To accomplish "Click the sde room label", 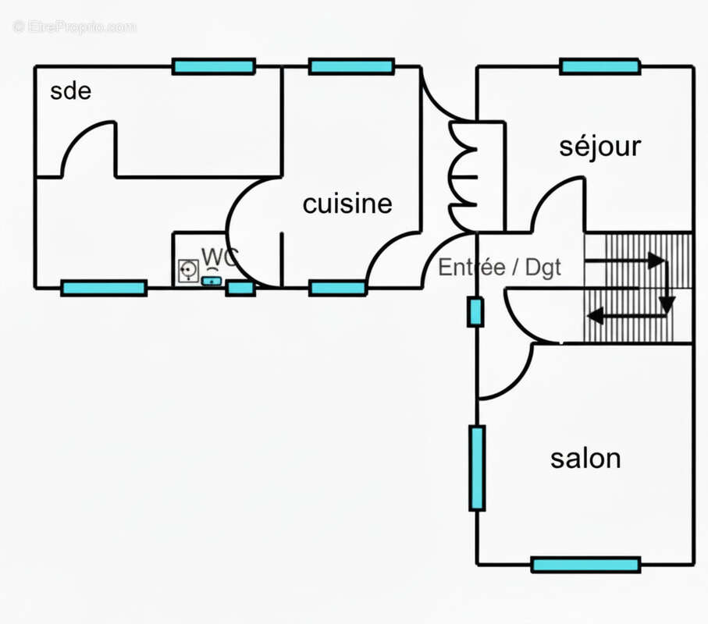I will pyautogui.click(x=70, y=91).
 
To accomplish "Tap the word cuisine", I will pyautogui.click(x=347, y=204).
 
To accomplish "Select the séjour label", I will pyautogui.click(x=599, y=146).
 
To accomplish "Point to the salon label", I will pyautogui.click(x=585, y=458).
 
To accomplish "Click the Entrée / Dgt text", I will pyautogui.click(x=500, y=268).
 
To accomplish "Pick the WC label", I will pyautogui.click(x=219, y=257).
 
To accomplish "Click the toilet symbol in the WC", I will pyautogui.click(x=188, y=270).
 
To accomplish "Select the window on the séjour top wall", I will pyautogui.click(x=599, y=67).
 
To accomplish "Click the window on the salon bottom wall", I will pyautogui.click(x=585, y=564).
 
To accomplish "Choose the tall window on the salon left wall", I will pyautogui.click(x=477, y=467).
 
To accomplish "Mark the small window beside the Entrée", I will pyautogui.click(x=475, y=312).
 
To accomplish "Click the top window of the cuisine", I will pyautogui.click(x=351, y=67).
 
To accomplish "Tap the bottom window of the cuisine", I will pyautogui.click(x=337, y=289).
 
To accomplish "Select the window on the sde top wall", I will pyautogui.click(x=213, y=67).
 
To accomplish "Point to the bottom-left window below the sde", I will pyautogui.click(x=104, y=289).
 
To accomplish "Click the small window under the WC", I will pyautogui.click(x=240, y=289).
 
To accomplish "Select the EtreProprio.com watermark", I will pyautogui.click(x=75, y=27).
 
